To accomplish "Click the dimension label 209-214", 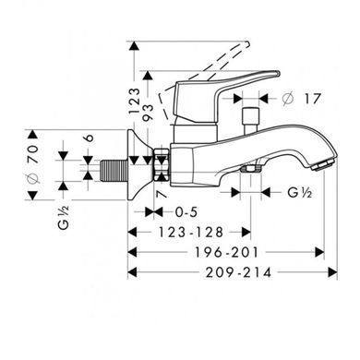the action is tap(239, 272).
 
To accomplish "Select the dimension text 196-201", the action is tap(226, 253).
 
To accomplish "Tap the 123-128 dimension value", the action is tap(190, 233).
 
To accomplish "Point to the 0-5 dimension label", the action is tap(186, 212).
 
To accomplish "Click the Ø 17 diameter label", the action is tap(302, 99).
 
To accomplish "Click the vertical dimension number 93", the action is tap(148, 113).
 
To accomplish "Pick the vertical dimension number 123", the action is tap(134, 102).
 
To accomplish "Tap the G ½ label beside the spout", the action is tap(300, 193).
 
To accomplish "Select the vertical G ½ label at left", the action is tap(64, 217).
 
